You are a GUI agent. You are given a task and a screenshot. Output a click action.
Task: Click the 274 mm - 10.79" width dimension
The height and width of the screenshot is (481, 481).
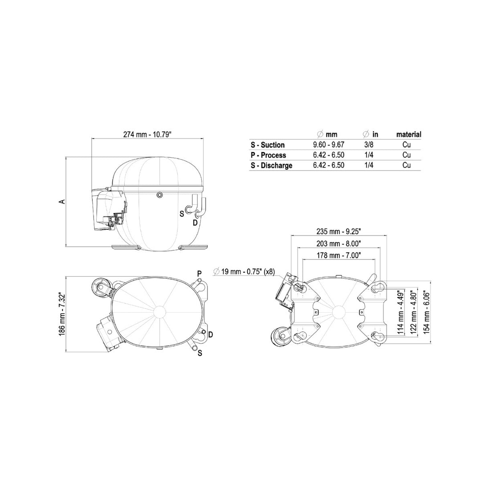pos(147,135)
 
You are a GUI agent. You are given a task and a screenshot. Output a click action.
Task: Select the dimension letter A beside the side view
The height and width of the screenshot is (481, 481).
pos(62,202)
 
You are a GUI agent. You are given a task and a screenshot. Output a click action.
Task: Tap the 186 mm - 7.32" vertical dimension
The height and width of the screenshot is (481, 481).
pos(62,314)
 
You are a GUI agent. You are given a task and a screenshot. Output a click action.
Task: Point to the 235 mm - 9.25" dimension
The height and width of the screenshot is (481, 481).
pos(338,231)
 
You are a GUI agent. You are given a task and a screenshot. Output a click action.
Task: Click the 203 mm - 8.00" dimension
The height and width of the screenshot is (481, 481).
pos(338,244)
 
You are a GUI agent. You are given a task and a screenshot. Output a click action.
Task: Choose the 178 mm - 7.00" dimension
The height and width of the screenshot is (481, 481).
pos(338,255)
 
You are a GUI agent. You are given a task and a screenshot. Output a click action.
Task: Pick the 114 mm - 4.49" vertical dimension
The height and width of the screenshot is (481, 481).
pos(400,312)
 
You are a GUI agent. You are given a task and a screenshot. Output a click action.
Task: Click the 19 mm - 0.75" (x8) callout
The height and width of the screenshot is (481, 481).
pos(244,272)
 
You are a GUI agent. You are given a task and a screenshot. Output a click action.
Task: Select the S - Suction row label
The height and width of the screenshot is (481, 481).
pos(268,145)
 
